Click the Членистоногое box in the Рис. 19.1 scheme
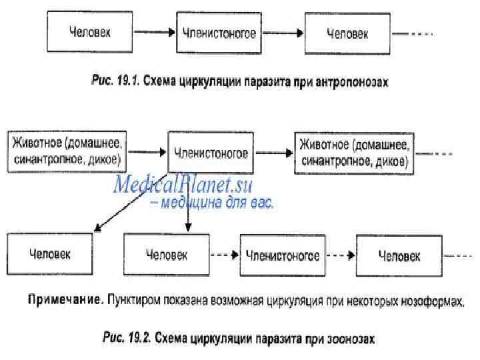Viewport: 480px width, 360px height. tap(217, 33)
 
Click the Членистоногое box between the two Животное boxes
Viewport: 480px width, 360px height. tap(211, 153)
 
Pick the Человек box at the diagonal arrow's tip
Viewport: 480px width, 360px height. tap(49, 254)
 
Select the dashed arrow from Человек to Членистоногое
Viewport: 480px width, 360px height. tap(225, 256)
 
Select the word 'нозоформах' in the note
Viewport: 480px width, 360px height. tap(433, 301)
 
